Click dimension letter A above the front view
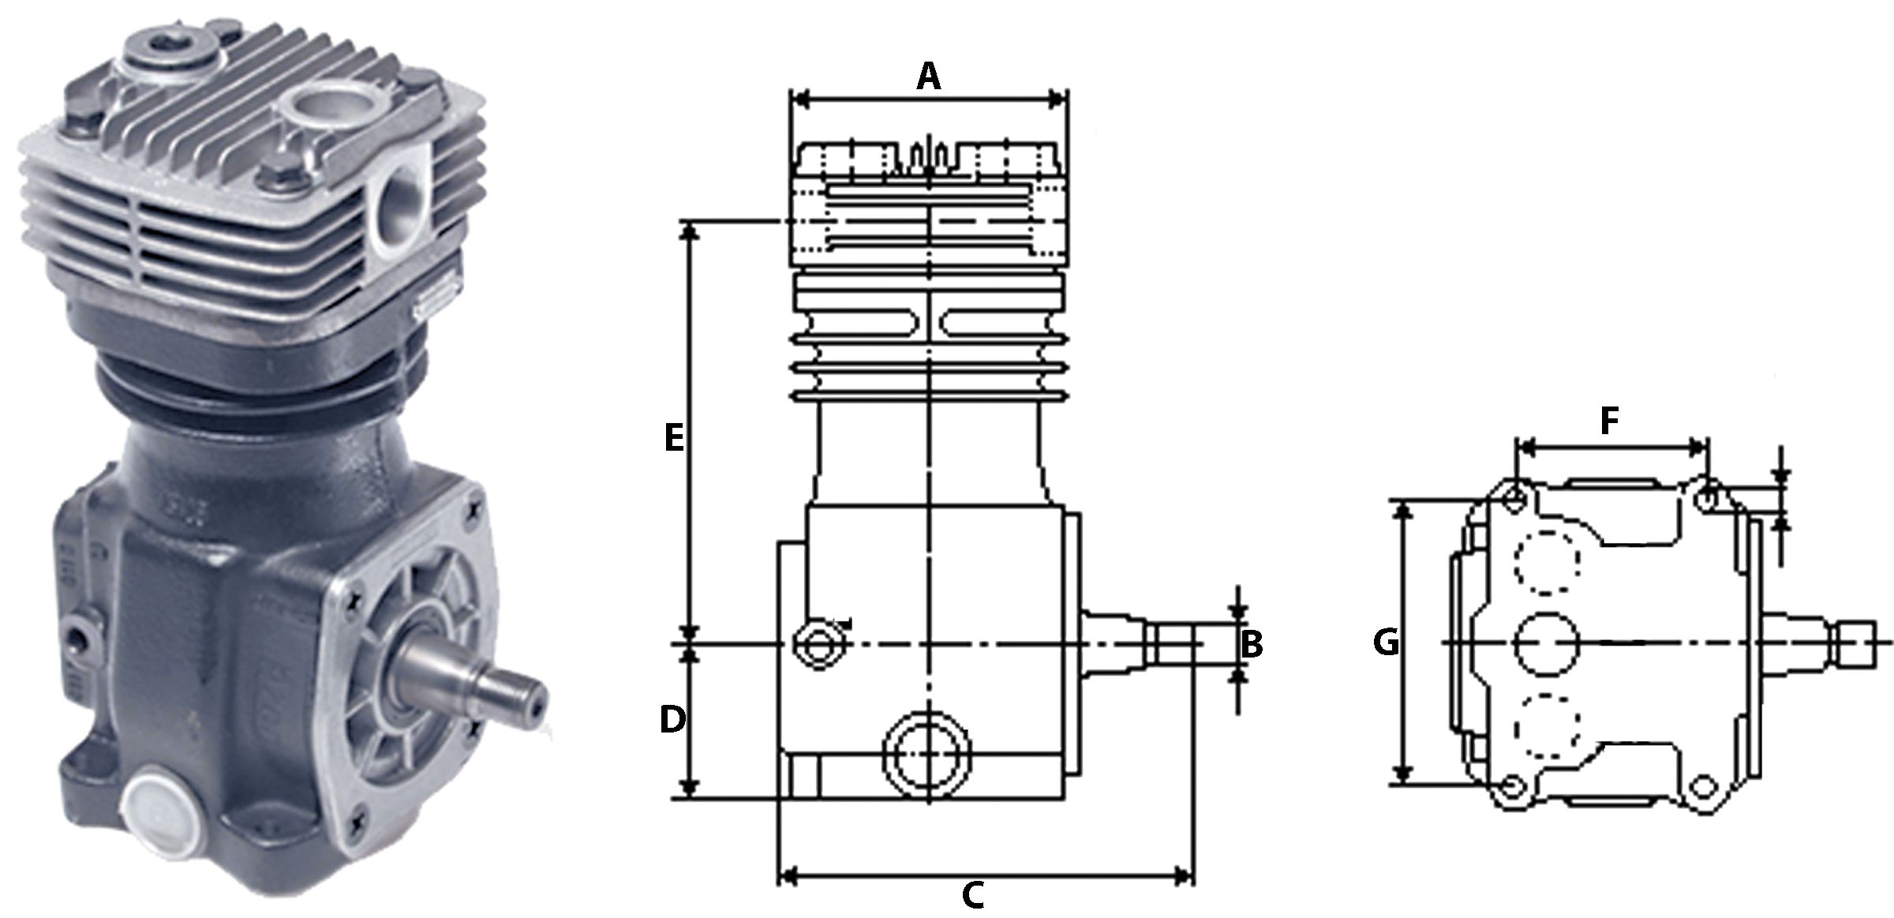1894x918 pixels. point(929,77)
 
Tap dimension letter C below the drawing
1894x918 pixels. point(972,895)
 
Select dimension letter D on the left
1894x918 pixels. point(672,720)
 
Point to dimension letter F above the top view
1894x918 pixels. point(1609,422)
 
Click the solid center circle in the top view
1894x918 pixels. point(1545,643)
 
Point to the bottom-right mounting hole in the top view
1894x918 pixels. point(1705,787)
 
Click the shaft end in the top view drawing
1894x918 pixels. point(1857,643)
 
